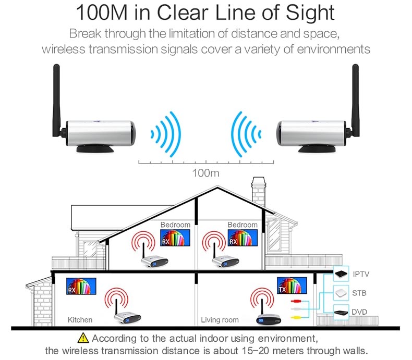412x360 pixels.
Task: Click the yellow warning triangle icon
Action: click(x=83, y=338)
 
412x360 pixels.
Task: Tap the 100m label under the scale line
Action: click(x=205, y=173)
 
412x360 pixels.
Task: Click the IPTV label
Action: click(x=361, y=274)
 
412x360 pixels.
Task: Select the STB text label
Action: click(x=359, y=293)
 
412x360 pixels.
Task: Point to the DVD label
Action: click(x=359, y=312)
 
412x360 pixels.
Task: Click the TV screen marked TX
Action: click(x=292, y=285)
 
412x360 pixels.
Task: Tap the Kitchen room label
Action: click(x=80, y=320)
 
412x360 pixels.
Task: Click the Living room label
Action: click(x=220, y=320)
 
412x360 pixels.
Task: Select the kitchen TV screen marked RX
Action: click(x=81, y=286)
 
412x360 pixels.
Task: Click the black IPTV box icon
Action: click(x=341, y=274)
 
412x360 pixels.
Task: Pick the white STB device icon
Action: click(x=341, y=293)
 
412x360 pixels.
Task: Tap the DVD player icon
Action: click(x=341, y=313)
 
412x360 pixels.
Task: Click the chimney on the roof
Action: click(x=259, y=191)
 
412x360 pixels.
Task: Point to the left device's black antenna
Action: click(x=56, y=101)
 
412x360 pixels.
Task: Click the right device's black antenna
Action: click(x=355, y=101)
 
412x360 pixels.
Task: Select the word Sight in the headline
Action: click(x=310, y=13)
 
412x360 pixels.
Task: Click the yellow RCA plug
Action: click(x=296, y=318)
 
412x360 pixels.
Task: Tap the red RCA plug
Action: click(x=296, y=301)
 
